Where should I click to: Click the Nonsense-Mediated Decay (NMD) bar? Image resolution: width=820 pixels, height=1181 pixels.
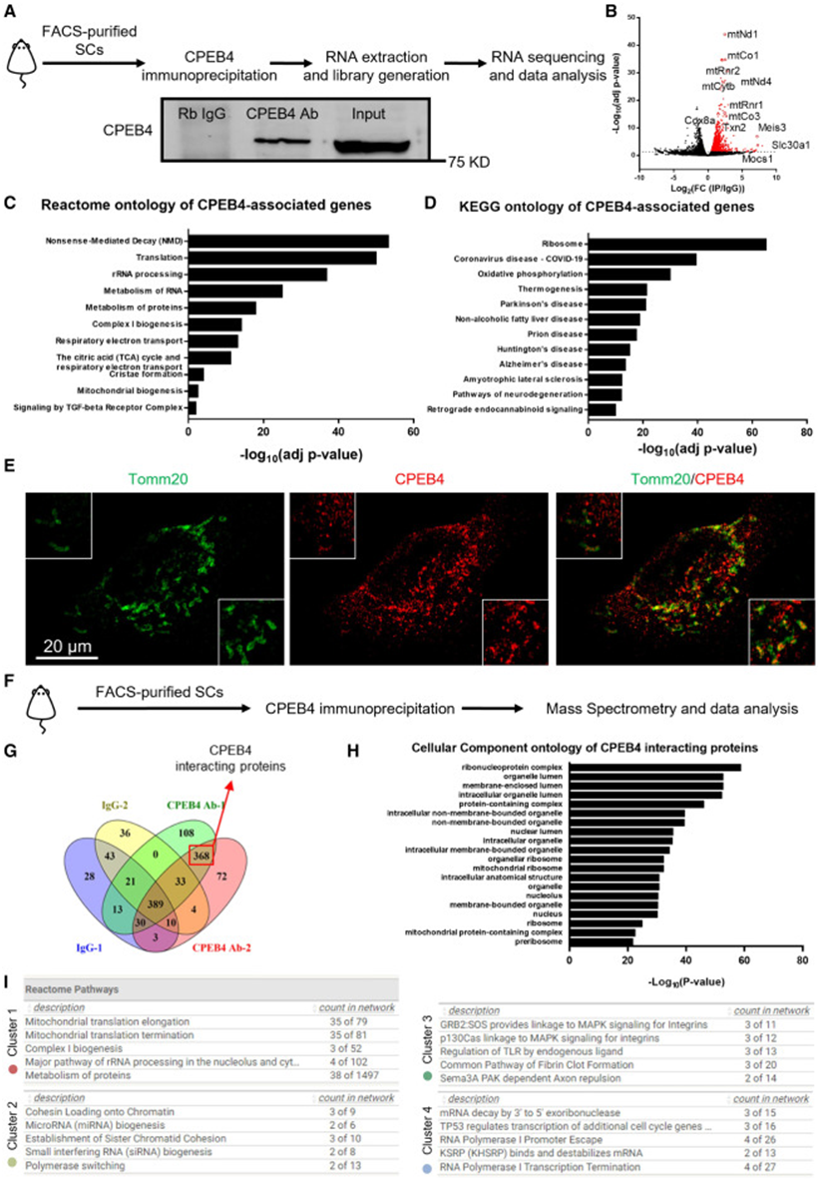click(288, 241)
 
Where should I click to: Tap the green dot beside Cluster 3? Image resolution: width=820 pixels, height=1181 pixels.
click(427, 1076)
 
